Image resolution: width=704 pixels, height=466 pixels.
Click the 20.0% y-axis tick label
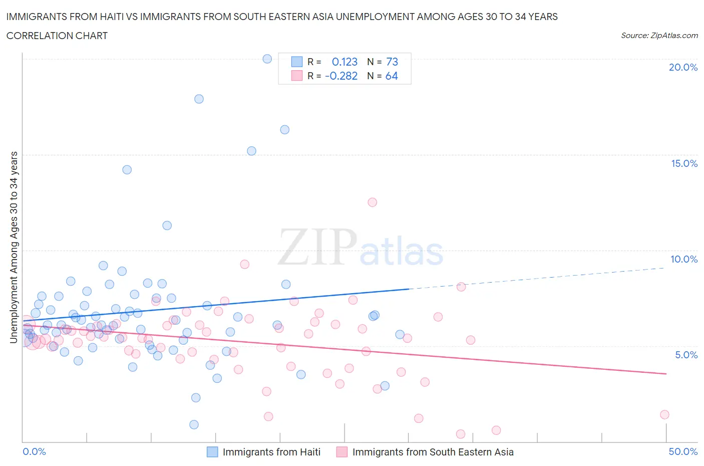coord(683,67)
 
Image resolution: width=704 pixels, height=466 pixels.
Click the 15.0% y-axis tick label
coord(684,163)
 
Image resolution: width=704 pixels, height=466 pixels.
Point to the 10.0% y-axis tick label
coord(684,259)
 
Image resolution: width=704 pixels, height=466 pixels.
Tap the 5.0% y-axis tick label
coord(686,355)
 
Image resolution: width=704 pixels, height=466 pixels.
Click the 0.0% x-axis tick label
coord(34,451)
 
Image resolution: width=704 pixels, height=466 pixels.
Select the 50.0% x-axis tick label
coord(683,451)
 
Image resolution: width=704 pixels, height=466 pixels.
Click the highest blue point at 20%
coord(267,59)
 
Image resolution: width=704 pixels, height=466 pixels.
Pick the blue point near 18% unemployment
coord(199,99)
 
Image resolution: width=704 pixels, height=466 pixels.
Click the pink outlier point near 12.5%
coord(372,202)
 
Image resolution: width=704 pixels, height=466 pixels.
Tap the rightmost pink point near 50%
coord(664,414)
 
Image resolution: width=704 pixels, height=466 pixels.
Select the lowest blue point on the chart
coord(194,424)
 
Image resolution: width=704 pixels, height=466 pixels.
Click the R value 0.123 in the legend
coord(344,62)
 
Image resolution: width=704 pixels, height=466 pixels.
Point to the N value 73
coord(392,62)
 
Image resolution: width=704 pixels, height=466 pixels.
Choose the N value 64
coord(391,76)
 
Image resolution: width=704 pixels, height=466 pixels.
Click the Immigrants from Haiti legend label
coord(271,452)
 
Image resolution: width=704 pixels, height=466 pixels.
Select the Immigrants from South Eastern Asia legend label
coord(433,452)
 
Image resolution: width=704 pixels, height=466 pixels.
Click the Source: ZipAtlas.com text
coord(659,36)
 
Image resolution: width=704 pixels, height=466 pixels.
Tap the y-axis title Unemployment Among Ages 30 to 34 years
coord(14,248)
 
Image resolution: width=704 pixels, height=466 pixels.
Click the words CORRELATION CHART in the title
coord(57,36)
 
